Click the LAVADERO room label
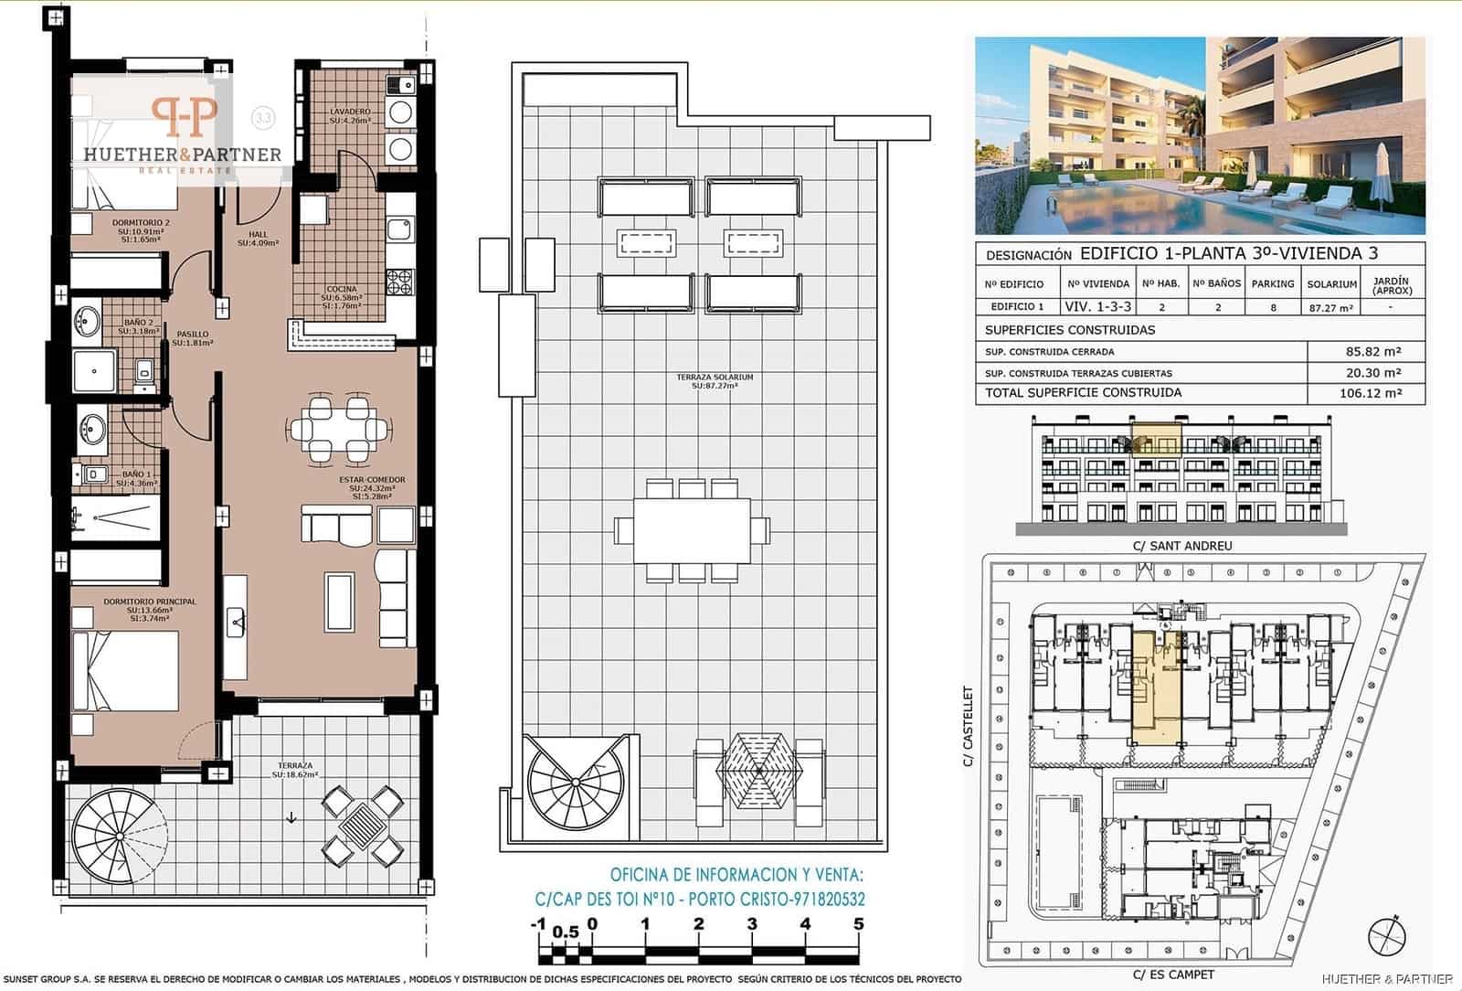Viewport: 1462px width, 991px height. (x=350, y=112)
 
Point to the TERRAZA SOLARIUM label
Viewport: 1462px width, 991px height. (x=715, y=378)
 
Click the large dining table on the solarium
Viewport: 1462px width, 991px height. (x=692, y=530)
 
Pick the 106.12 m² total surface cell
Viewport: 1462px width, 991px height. (x=1367, y=394)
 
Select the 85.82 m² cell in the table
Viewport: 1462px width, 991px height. (x=1367, y=351)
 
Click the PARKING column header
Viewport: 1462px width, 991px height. (x=1273, y=284)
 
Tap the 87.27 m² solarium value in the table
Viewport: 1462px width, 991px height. (x=1331, y=308)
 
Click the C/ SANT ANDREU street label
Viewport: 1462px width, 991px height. (x=1182, y=546)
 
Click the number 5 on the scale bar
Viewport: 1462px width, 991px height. (x=858, y=924)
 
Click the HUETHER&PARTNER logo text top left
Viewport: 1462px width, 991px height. (x=182, y=154)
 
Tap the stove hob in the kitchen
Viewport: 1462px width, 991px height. (x=400, y=282)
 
